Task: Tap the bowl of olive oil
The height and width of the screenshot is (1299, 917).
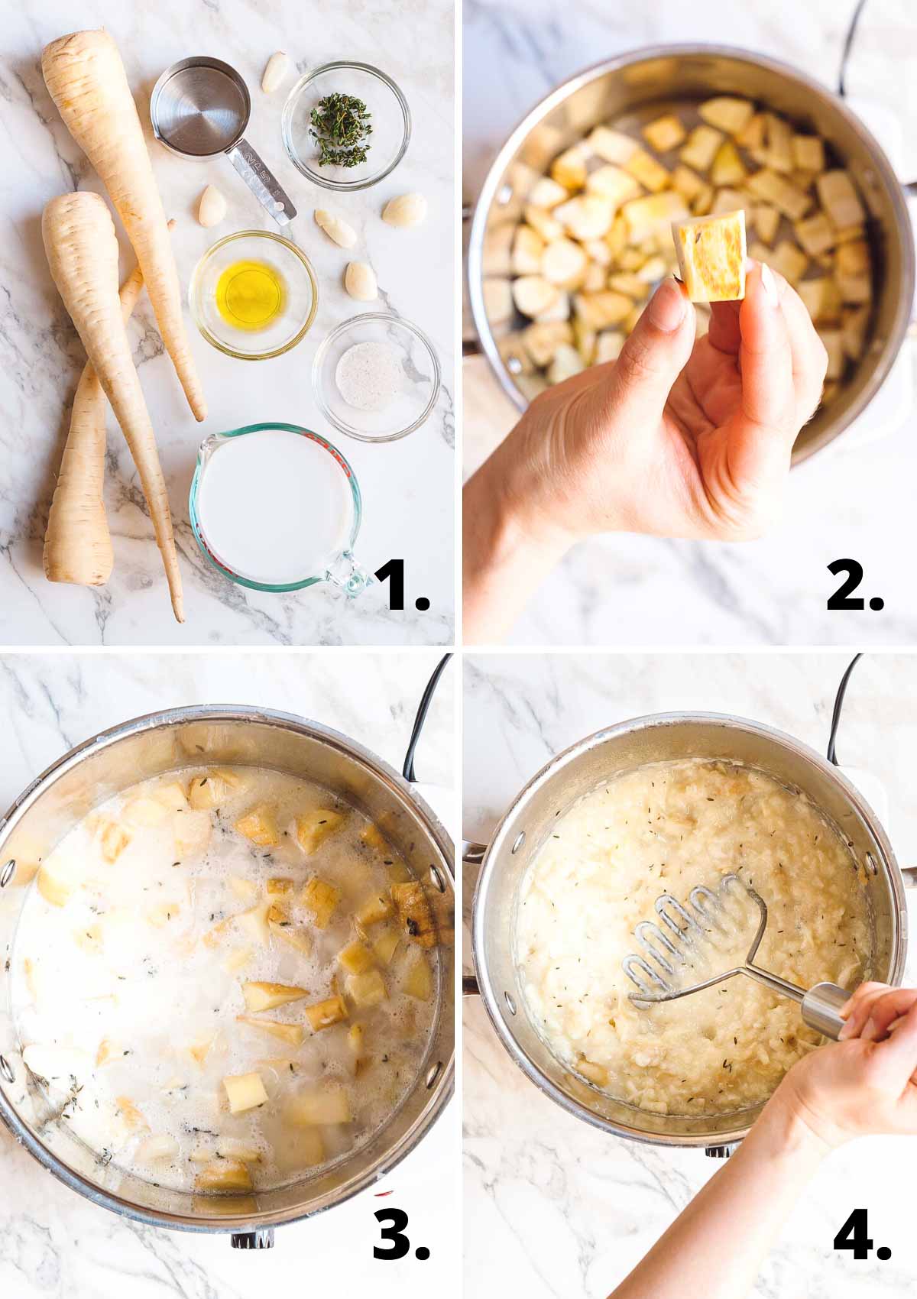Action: coord(252,285)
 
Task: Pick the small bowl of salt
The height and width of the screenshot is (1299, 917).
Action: coord(375,377)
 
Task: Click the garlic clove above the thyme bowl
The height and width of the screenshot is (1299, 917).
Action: coord(276,73)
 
